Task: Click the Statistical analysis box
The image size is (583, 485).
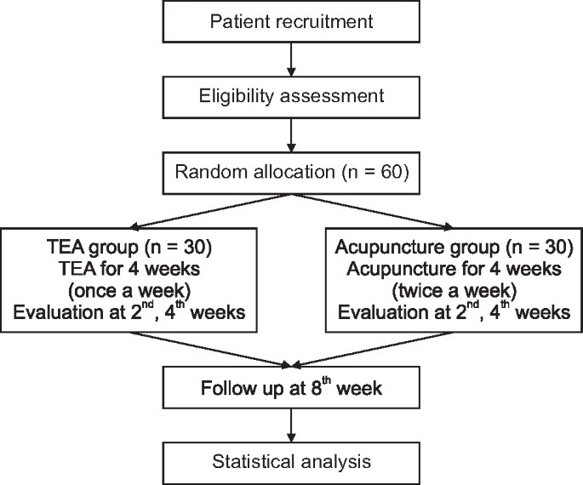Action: point(291,463)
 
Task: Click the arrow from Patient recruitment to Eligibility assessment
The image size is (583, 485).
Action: point(291,57)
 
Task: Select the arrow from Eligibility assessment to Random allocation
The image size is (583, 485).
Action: point(291,133)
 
